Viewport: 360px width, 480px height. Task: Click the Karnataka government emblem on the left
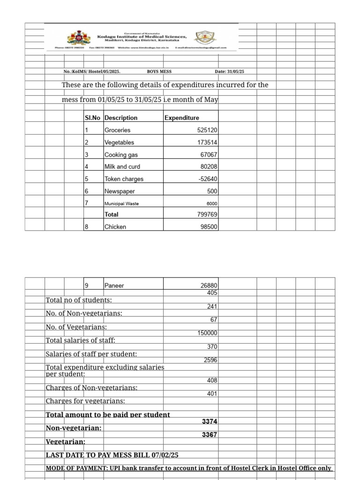click(75, 37)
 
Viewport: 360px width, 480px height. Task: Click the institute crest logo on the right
click(203, 37)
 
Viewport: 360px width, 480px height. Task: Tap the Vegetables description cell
click(120, 142)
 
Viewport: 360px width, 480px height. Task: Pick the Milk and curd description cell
click(122, 167)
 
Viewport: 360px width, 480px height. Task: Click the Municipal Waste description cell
click(121, 203)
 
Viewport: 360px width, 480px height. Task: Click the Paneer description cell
click(114, 285)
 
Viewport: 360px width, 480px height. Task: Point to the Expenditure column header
click(182, 118)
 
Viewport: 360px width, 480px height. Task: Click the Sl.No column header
click(93, 118)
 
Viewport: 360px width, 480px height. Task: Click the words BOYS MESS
click(159, 72)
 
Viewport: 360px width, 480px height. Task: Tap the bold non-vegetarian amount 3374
click(210, 422)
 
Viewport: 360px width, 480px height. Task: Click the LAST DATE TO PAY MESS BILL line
click(112, 455)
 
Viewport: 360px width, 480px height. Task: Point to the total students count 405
click(212, 293)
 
